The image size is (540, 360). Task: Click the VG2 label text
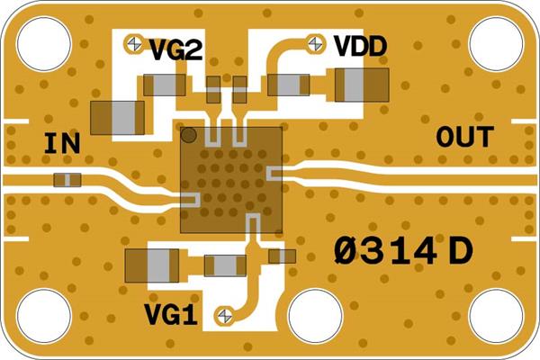pyautogui.click(x=175, y=49)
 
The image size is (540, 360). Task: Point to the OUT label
pyautogui.click(x=465, y=138)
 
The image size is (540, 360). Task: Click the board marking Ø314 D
pyautogui.click(x=402, y=250)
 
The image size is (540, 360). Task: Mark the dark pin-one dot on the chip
pyautogui.click(x=190, y=137)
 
